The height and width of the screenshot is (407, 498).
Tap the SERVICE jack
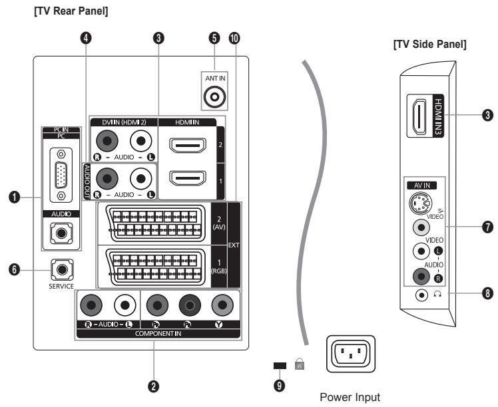pyautogui.click(x=62, y=270)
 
